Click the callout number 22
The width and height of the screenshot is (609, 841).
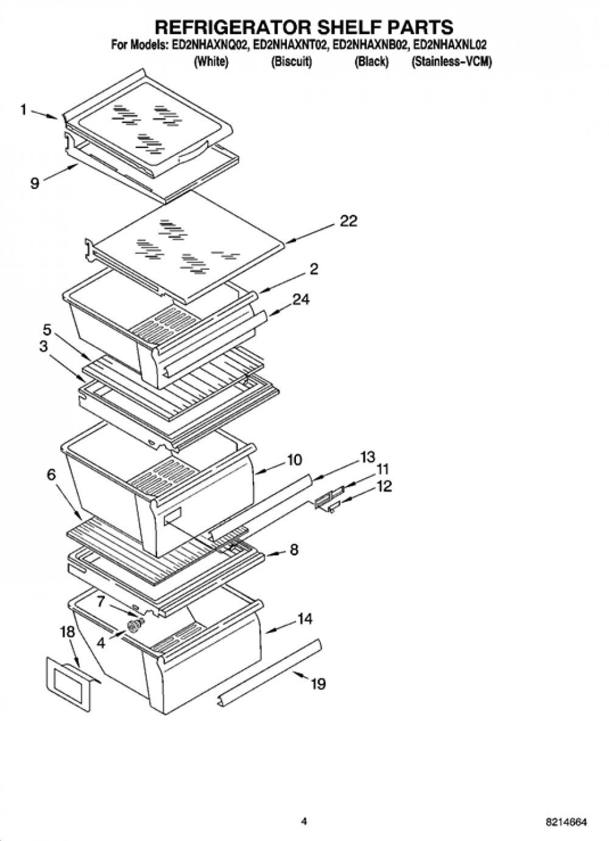(348, 221)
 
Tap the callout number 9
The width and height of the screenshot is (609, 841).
(35, 183)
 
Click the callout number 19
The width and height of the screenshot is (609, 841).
(318, 684)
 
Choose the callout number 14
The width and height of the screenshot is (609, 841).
(304, 618)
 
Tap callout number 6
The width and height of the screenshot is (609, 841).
(51, 475)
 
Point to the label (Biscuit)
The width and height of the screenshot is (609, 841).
(291, 62)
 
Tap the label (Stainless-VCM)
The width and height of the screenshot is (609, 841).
(451, 62)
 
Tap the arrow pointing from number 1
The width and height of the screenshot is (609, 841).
(44, 114)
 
